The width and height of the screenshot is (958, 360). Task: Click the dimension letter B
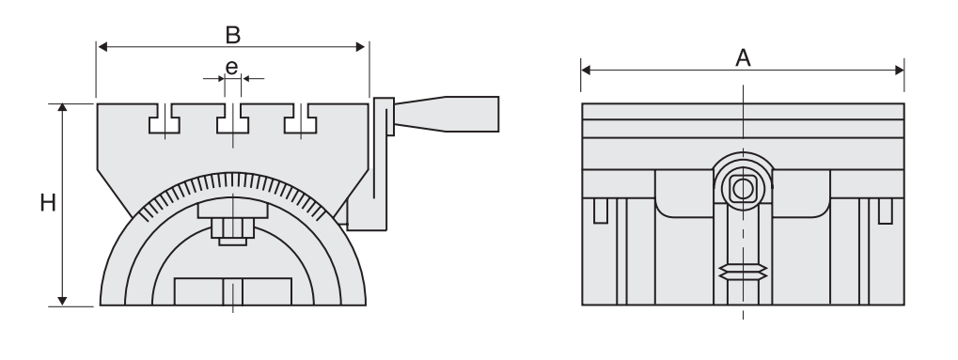coord(232,35)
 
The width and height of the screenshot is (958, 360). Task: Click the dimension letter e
coord(231,67)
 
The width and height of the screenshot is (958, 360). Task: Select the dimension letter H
coord(48,203)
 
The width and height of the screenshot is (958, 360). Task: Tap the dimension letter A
coord(743,58)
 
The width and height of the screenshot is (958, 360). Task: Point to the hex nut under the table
coord(232,228)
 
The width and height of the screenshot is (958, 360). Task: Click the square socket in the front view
coord(743,189)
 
